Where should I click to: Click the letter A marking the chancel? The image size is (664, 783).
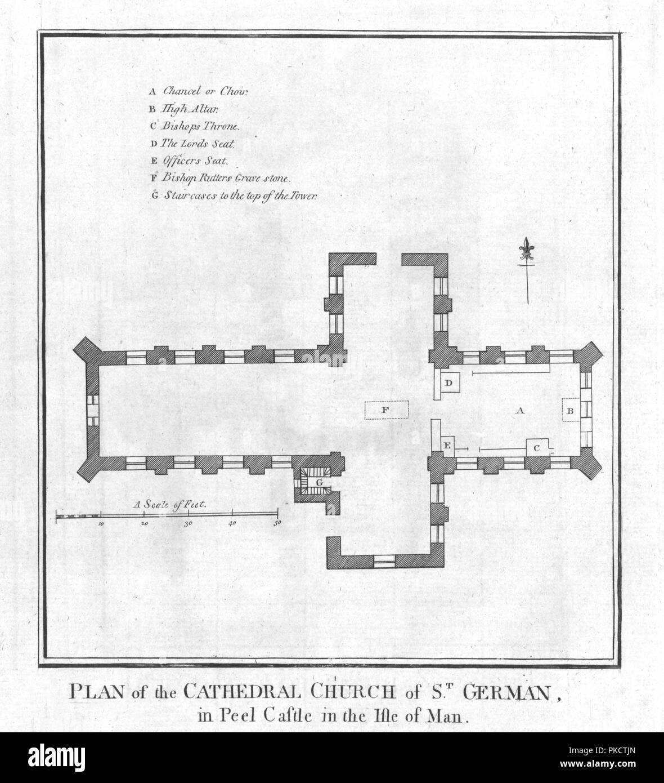[x=520, y=411]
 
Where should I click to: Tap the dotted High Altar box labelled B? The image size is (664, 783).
[x=571, y=410]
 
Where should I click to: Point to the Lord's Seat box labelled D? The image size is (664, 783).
[x=450, y=382]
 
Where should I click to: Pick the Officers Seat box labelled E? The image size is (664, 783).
[x=447, y=446]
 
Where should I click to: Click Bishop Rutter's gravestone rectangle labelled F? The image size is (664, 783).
[x=387, y=410]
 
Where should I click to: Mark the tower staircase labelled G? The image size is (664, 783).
[x=317, y=482]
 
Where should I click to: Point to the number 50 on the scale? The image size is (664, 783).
[x=277, y=523]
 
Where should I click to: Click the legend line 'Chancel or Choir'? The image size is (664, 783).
[x=199, y=91]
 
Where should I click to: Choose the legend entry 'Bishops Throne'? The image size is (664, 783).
[x=195, y=126]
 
